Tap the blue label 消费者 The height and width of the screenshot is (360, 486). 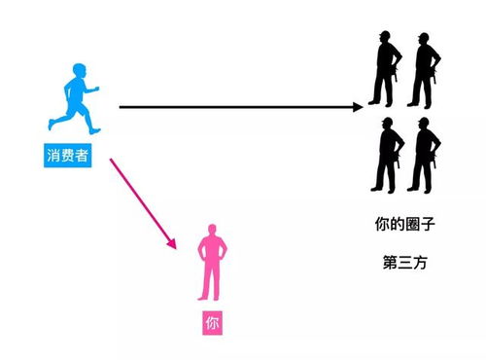pos(69,155)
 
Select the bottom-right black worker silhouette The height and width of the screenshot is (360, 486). pos(423,154)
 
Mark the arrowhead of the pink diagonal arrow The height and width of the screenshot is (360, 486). pos(174,243)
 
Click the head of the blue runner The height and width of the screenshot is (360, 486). pos(79,75)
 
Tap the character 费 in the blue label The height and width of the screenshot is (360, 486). pos(69,155)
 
